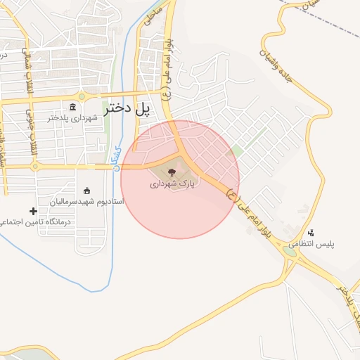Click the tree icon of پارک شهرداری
171,172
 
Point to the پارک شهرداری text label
172,184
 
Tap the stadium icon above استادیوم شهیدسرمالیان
86,191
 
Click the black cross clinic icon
33,211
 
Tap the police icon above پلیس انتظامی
311,233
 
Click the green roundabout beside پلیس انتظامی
290,248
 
